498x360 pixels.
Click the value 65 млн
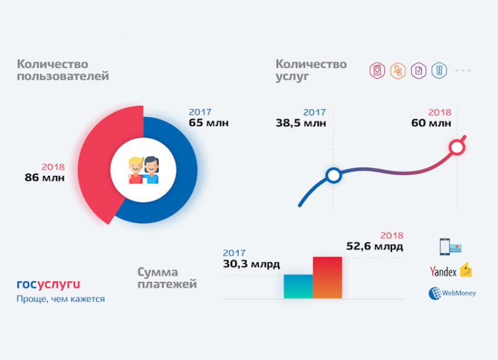(x=209, y=123)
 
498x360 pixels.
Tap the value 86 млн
(x=45, y=177)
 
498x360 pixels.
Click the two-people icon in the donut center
(x=144, y=170)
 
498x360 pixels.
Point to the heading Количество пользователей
(x=63, y=70)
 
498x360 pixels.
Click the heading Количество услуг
(x=311, y=70)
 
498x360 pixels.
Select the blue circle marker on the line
(x=333, y=175)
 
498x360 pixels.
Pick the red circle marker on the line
(x=456, y=147)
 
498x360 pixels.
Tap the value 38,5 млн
(x=301, y=123)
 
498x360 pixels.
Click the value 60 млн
(x=431, y=123)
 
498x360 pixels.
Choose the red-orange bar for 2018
(x=328, y=277)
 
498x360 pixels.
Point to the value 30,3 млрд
(x=251, y=264)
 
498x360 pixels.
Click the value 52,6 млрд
(x=374, y=246)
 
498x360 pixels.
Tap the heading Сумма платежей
(x=167, y=278)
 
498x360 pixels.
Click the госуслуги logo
(x=48, y=284)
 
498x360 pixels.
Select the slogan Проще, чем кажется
(x=61, y=299)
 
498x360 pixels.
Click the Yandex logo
(x=451, y=271)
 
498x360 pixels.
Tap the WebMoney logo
(x=452, y=293)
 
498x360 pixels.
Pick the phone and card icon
(x=449, y=247)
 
